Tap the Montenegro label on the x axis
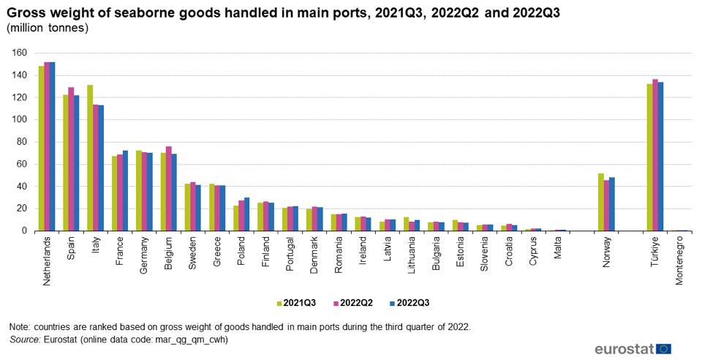(680, 260)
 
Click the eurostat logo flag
(664, 349)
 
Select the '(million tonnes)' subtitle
(48, 28)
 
